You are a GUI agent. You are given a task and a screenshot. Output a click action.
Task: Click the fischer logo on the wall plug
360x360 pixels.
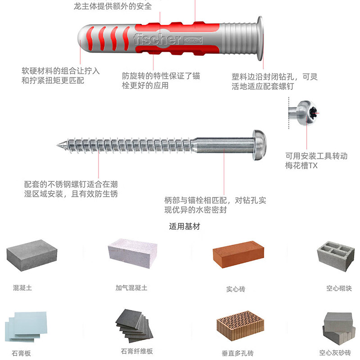[157, 38]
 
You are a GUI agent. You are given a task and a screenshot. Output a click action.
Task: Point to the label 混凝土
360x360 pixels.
[22, 287]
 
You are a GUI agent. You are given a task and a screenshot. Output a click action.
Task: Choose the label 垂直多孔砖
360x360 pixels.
[238, 353]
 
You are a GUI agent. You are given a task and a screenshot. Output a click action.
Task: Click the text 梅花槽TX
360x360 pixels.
[301, 166]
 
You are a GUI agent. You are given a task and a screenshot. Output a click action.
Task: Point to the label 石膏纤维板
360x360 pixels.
[137, 351]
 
